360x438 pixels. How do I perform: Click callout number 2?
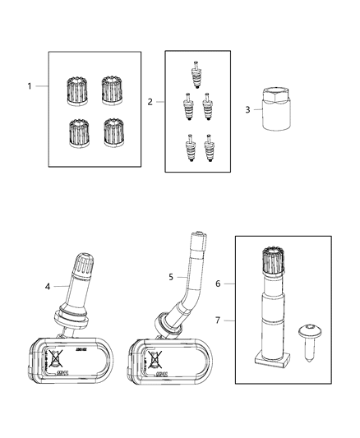(x=150, y=103)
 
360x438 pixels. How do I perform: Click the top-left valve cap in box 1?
(x=76, y=90)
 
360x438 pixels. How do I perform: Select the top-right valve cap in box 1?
(x=113, y=90)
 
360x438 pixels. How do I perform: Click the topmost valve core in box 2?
(x=195, y=73)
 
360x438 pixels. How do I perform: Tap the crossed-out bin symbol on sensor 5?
(x=154, y=358)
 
